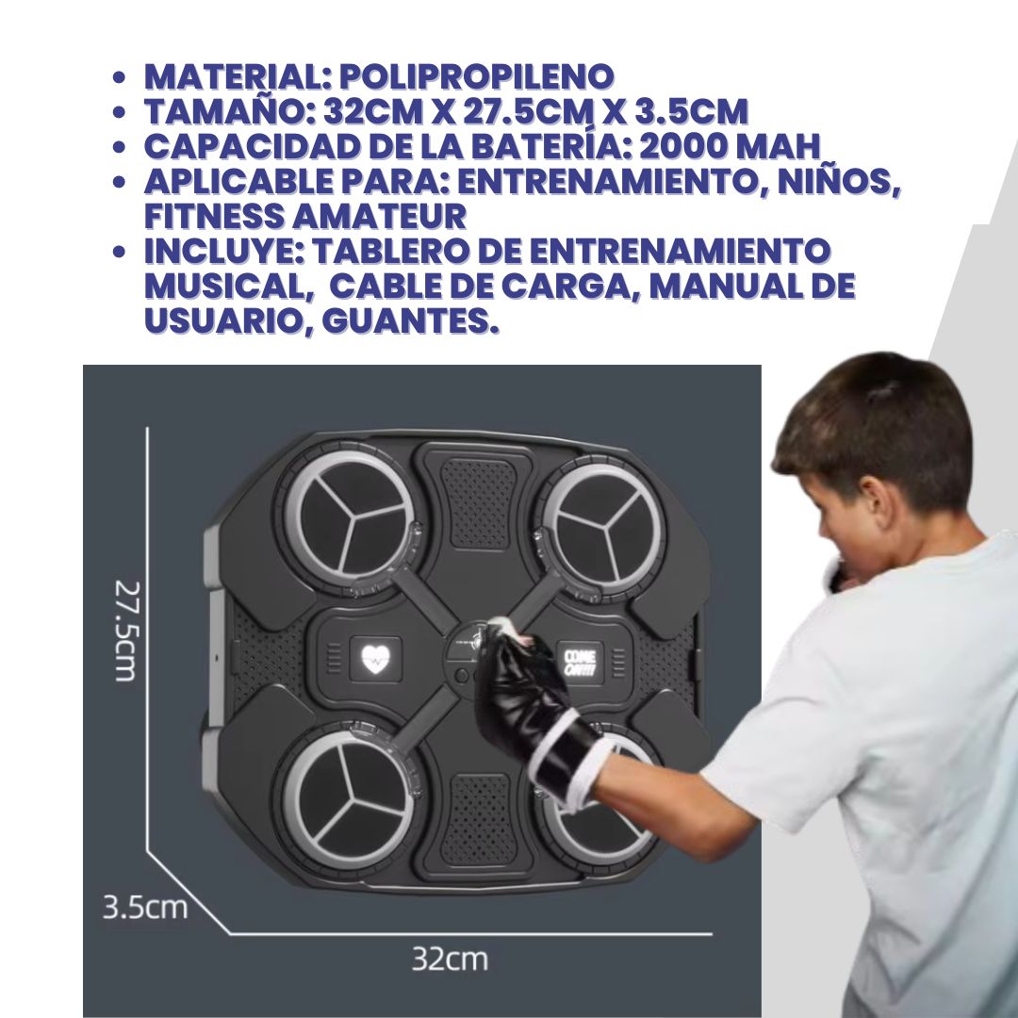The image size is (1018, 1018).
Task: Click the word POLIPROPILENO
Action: click(x=477, y=76)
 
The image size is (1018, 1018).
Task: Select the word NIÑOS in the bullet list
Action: click(x=839, y=181)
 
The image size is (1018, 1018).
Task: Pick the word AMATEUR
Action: click(x=379, y=216)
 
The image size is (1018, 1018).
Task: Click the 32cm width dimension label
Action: click(x=450, y=959)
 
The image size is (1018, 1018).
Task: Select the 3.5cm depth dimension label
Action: click(x=145, y=907)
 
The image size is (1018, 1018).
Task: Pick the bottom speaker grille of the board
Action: click(x=477, y=818)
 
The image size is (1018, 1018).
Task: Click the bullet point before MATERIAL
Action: click(x=118, y=77)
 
